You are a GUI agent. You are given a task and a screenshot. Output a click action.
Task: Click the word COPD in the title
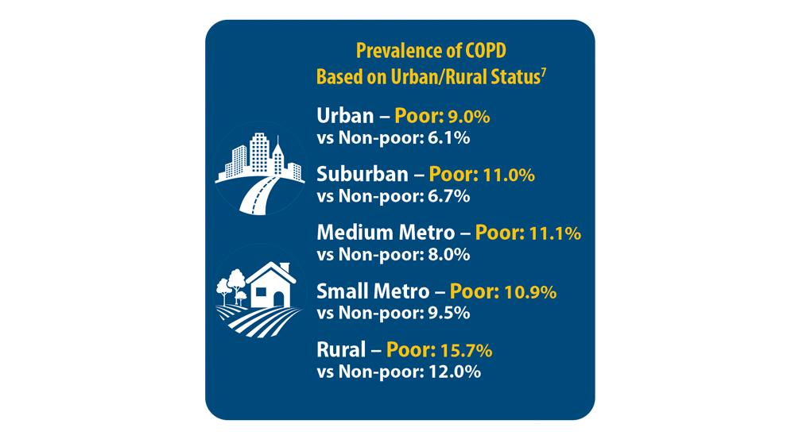pos(483,52)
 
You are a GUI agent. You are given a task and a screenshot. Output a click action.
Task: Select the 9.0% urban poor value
pos(469,117)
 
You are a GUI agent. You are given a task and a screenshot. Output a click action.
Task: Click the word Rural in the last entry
pos(342,350)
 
